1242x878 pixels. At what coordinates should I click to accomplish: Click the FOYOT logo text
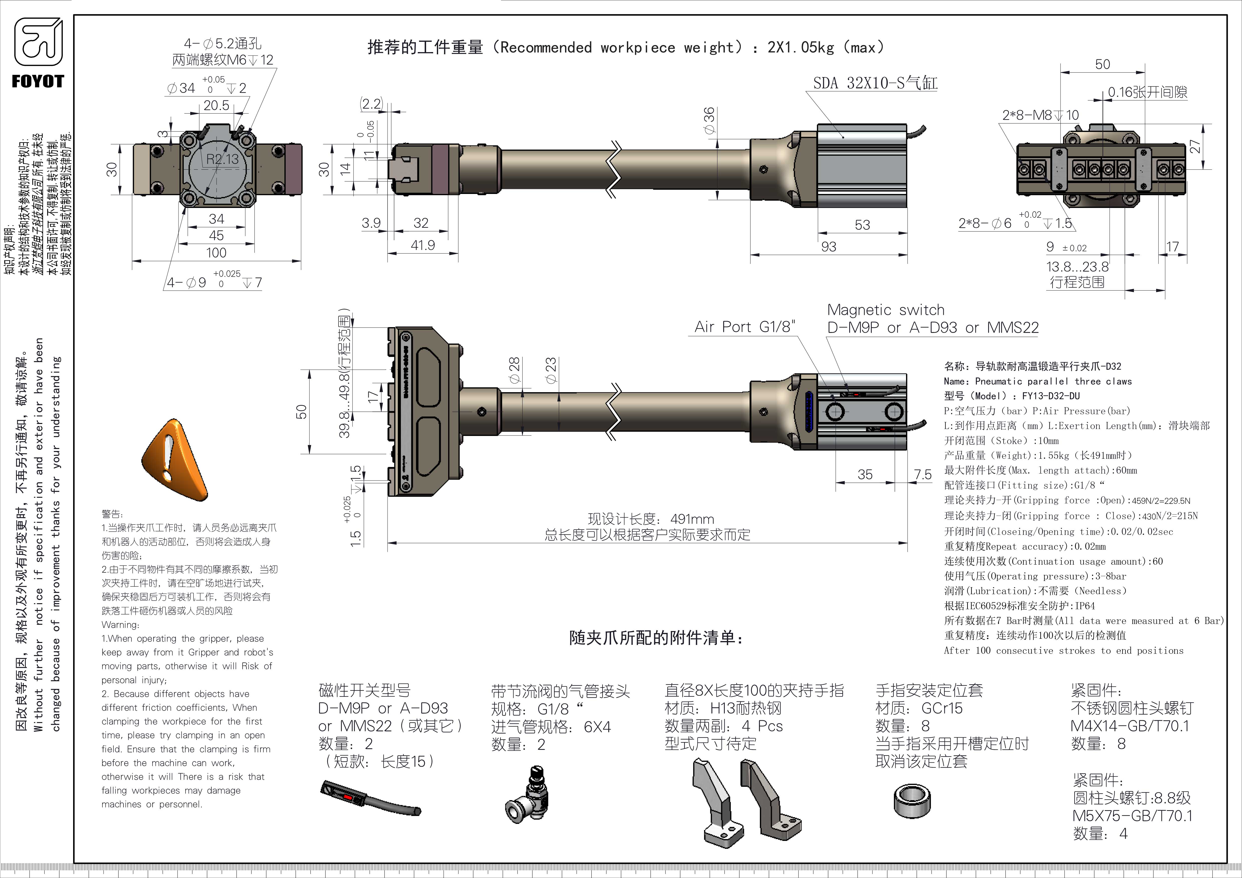pos(38,82)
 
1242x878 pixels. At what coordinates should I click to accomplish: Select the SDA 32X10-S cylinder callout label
pos(875,83)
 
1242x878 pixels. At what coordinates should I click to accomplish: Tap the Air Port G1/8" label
pos(745,327)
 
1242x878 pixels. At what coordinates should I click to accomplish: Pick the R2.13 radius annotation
pos(222,159)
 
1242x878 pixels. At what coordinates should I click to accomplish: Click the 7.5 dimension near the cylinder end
pos(922,475)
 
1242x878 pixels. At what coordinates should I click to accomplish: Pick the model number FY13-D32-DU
pos(1050,396)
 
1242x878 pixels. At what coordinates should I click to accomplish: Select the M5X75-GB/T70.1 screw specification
pos(1132,816)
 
